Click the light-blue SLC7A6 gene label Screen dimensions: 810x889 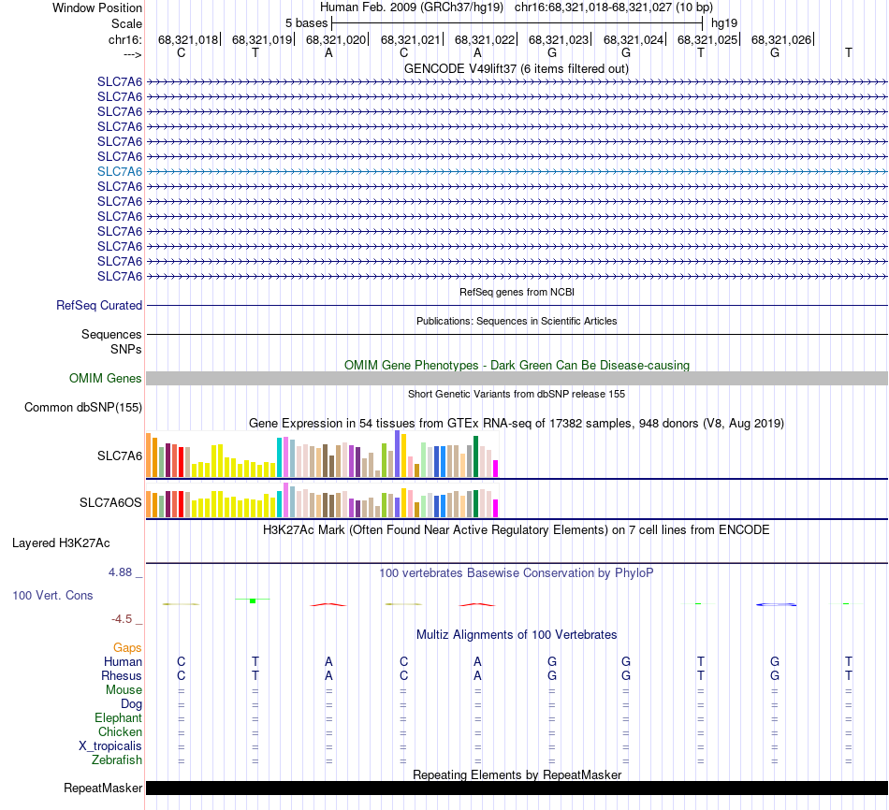(120, 171)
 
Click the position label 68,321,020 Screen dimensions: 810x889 (335, 39)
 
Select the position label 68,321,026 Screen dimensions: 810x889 (780, 39)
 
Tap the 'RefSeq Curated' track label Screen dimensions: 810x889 (99, 305)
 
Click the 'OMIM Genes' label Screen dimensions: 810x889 (106, 379)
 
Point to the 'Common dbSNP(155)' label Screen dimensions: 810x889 (83, 407)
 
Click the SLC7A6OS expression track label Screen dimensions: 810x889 (110, 503)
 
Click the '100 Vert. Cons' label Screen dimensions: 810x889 (53, 595)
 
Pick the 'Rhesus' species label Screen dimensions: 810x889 (122, 675)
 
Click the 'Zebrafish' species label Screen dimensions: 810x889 (118, 759)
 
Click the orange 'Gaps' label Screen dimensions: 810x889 (127, 647)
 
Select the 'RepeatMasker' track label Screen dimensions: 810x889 (102, 788)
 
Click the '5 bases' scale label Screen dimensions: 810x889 (306, 22)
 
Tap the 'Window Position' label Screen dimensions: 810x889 (97, 7)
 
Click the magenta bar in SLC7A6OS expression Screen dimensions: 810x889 (496, 508)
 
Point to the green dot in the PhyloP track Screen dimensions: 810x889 (253, 600)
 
